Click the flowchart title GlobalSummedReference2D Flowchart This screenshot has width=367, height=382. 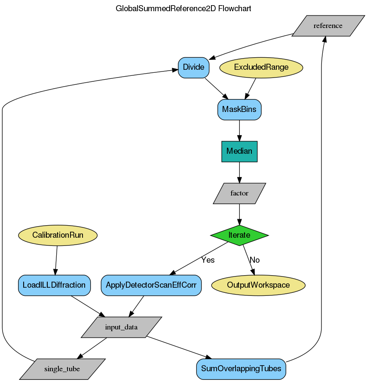[x=183, y=9]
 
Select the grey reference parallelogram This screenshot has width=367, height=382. [x=328, y=26]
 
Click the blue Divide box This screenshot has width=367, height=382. [x=194, y=68]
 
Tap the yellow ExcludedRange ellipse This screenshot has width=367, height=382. [x=261, y=68]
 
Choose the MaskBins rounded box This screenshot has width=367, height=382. [x=239, y=109]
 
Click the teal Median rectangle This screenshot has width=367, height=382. [x=239, y=151]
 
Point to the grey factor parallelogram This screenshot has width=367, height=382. [x=239, y=193]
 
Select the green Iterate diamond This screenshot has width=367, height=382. [x=239, y=235]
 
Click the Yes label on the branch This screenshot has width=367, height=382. [x=208, y=260]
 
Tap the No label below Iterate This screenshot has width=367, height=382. [x=255, y=260]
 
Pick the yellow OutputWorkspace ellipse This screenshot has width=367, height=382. [x=258, y=285]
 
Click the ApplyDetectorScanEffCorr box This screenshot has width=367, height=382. [x=151, y=285]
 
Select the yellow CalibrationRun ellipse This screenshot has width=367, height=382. [x=58, y=236]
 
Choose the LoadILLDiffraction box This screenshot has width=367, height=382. [x=54, y=285]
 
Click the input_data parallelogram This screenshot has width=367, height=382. [x=121, y=327]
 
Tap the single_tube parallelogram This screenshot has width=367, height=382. [x=62, y=369]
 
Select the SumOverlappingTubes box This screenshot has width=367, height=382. [x=241, y=369]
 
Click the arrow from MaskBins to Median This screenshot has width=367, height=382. [x=239, y=130]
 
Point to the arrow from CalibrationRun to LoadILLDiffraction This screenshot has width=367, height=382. [x=56, y=260]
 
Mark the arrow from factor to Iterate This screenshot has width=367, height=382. [x=239, y=214]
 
